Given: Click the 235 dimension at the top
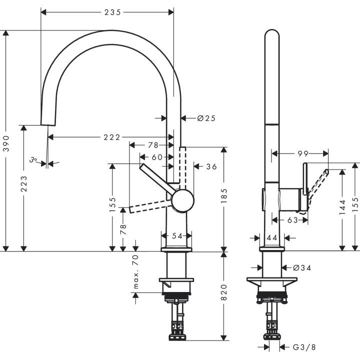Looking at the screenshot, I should click(112, 12).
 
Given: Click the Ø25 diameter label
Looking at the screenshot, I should click(206, 118).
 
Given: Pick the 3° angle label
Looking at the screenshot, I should click(33, 160).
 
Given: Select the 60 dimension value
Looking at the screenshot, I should click(157, 157).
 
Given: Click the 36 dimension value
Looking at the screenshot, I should click(211, 166).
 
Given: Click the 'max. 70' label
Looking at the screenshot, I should click(135, 271).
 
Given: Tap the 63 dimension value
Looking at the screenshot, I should click(292, 219).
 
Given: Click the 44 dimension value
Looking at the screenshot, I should click(272, 238).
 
